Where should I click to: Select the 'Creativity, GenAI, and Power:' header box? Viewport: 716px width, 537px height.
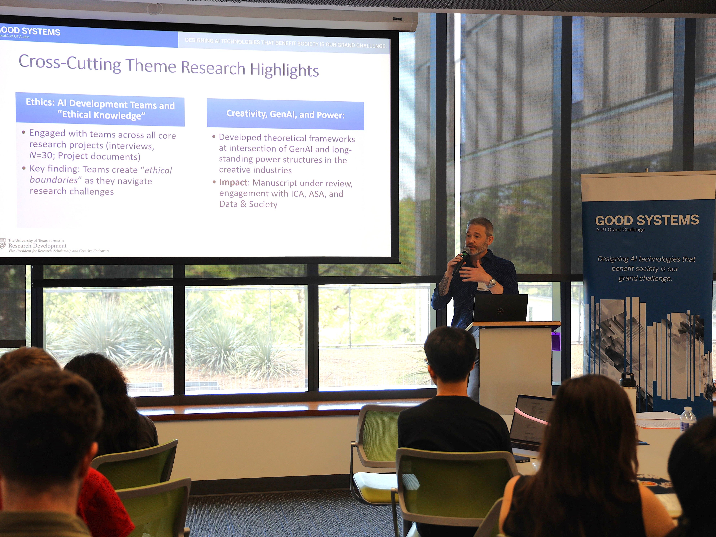[285, 115]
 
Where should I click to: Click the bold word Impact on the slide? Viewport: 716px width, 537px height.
[233, 183]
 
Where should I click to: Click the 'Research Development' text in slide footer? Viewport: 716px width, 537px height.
[37, 246]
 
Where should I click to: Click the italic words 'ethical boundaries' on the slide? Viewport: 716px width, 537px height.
[100, 175]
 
